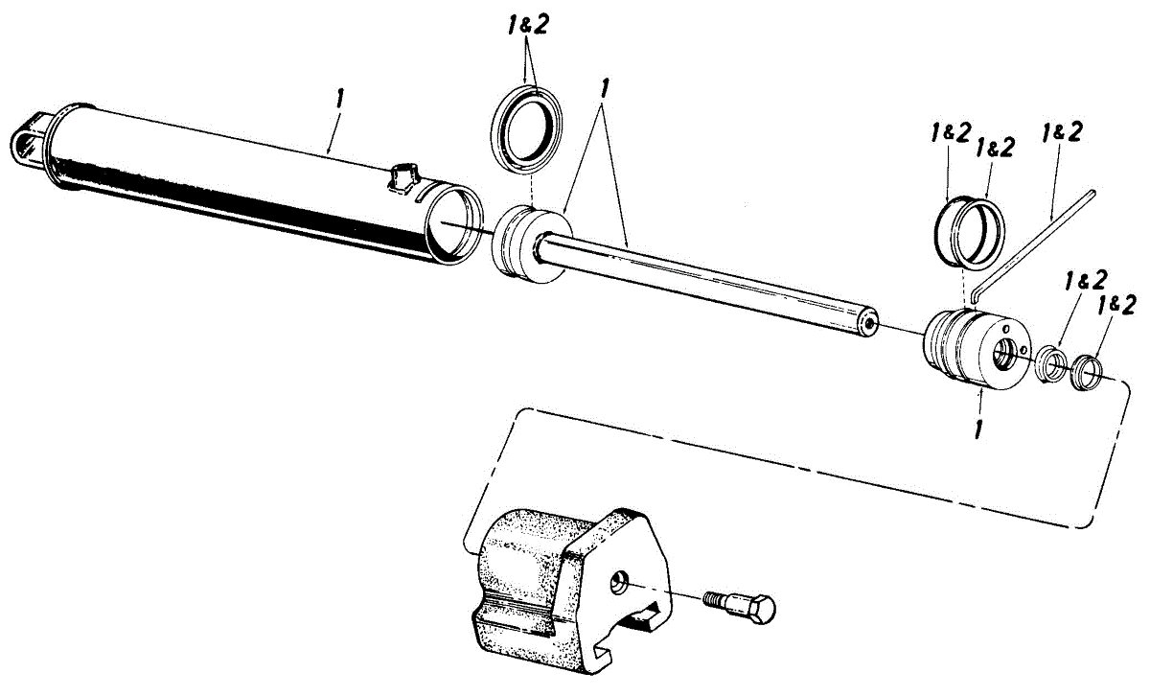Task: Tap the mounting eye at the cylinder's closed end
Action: pos(26,142)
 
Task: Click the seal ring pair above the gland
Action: pos(969,229)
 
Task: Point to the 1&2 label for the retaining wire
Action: pos(1063,131)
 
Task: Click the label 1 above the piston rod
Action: pos(603,87)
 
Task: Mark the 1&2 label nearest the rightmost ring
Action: pos(1117,306)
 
